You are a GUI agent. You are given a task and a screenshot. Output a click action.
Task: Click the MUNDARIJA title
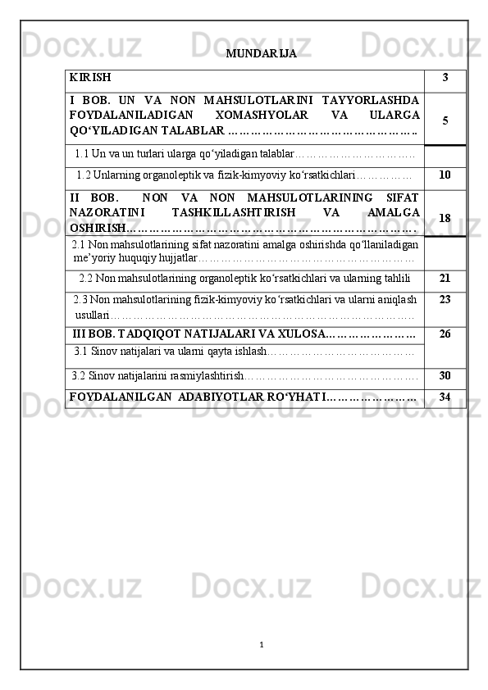click(261, 54)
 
